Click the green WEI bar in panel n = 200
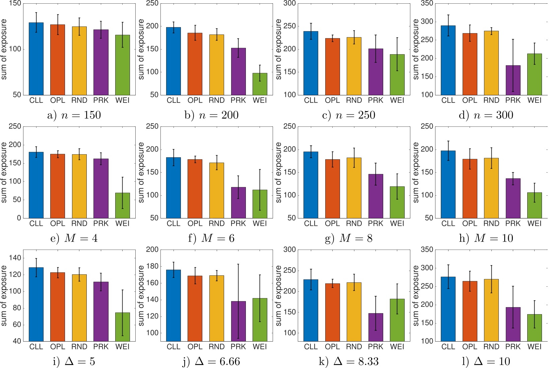tap(260, 84)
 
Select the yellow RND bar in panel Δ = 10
tap(491, 310)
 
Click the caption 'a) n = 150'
tap(74, 115)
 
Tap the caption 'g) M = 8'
tap(348, 238)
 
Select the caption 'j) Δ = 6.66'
tap(211, 361)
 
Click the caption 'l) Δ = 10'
tap(486, 361)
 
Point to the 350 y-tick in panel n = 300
tap(427, 3)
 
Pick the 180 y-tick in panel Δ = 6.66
tap(152, 266)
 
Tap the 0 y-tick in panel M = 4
tap(19, 218)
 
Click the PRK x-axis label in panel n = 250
tap(375, 100)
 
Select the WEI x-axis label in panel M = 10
tap(534, 223)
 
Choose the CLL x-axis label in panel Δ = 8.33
tap(311, 347)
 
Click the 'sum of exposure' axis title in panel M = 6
tap(141, 172)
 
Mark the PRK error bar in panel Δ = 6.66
tap(238, 301)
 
